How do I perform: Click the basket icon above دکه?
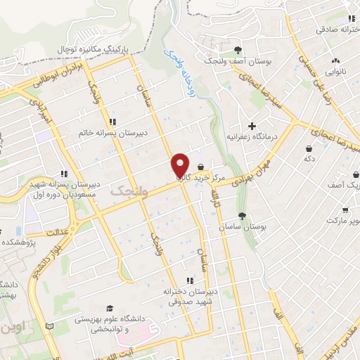tap(310, 148)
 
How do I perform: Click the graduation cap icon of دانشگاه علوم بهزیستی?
tap(109, 309)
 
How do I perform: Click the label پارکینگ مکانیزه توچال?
tap(98, 49)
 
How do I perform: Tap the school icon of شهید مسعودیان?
tap(64, 173)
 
